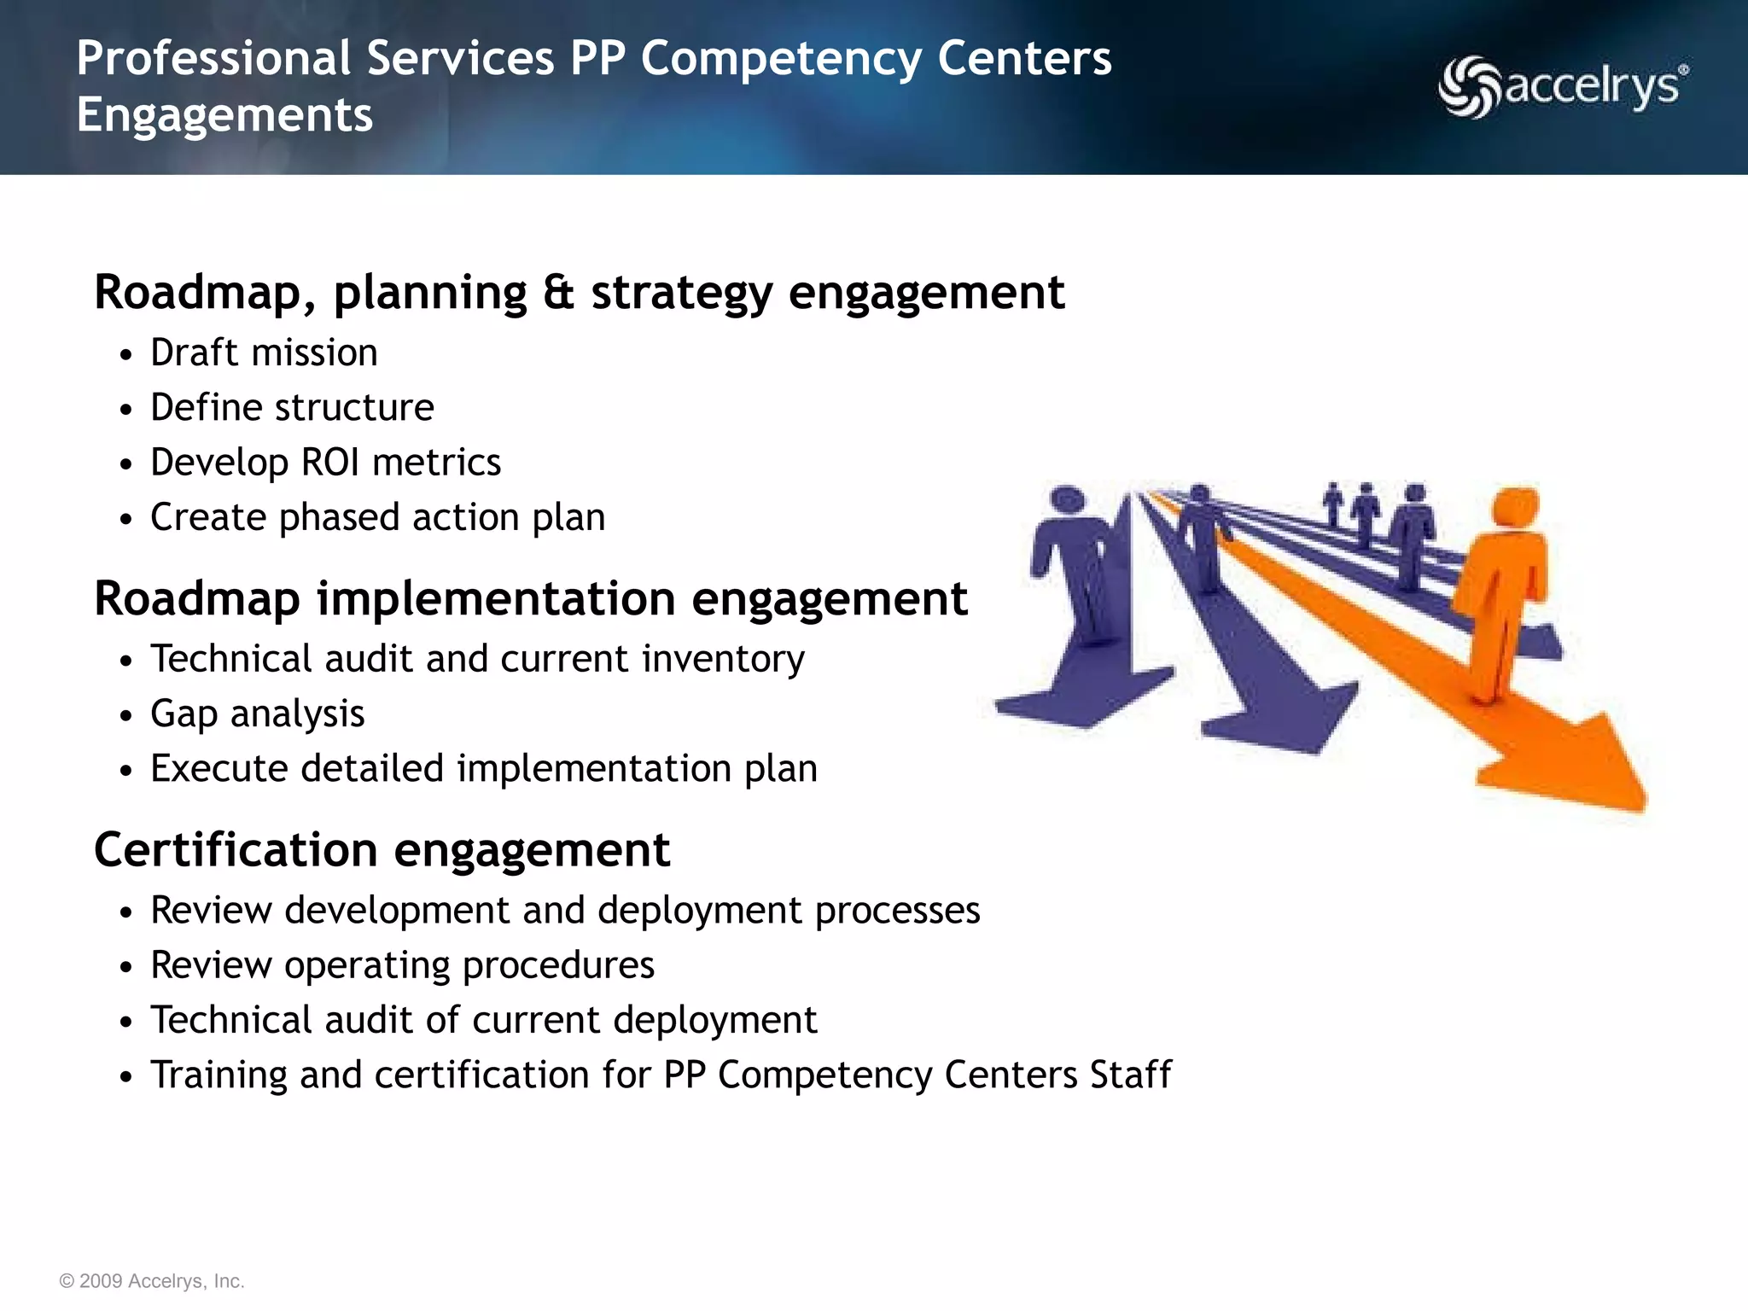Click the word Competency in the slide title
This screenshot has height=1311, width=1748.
781,59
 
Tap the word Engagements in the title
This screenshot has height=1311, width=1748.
224,114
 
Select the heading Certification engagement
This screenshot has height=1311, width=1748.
382,850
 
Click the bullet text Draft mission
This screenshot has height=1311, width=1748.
264,353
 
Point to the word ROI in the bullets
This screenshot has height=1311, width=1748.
330,463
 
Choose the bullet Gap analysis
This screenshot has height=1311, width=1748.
257,714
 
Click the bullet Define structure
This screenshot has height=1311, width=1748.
292,407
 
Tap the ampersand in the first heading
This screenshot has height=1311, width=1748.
559,292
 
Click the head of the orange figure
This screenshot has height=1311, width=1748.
1515,507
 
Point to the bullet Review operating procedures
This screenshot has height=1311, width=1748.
402,965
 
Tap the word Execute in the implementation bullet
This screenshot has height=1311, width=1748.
218,768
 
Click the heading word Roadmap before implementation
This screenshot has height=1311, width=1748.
196,598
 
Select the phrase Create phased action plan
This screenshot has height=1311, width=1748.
377,517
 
